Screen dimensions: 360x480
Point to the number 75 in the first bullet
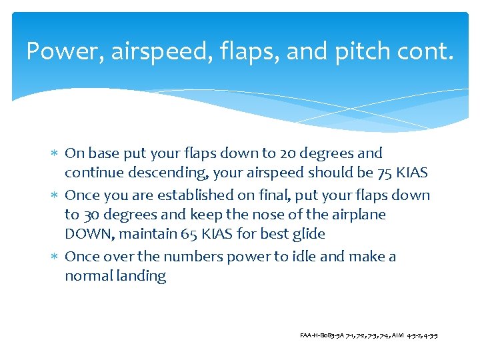(x=385, y=173)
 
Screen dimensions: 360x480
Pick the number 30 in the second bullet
(x=91, y=215)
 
